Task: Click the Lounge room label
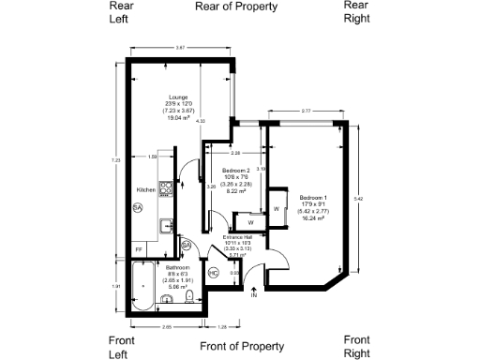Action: click(178, 97)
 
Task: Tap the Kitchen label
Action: click(144, 188)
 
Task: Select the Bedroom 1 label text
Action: click(313, 198)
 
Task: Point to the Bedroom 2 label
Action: click(235, 171)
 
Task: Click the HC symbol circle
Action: click(213, 273)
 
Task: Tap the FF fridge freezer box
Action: click(139, 249)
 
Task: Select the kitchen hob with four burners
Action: click(166, 189)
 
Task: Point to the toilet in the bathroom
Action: click(189, 297)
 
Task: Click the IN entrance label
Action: click(253, 295)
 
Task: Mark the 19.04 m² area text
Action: click(178, 118)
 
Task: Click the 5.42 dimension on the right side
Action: click(358, 200)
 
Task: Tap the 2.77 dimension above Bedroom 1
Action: click(306, 112)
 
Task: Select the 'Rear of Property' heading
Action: click(236, 7)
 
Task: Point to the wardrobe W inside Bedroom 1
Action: click(277, 207)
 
